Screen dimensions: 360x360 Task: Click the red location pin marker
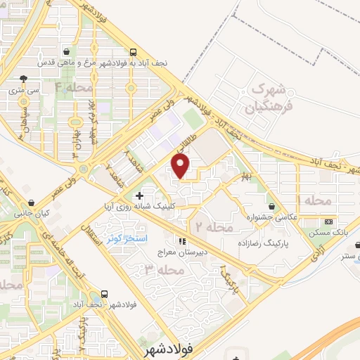coord(181,166)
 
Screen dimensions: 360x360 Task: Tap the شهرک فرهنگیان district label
coord(264,99)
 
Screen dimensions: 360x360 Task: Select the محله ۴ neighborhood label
coord(74,88)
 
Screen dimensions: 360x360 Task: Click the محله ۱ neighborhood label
coord(314,200)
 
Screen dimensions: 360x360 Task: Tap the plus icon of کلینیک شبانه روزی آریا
coord(139,195)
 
